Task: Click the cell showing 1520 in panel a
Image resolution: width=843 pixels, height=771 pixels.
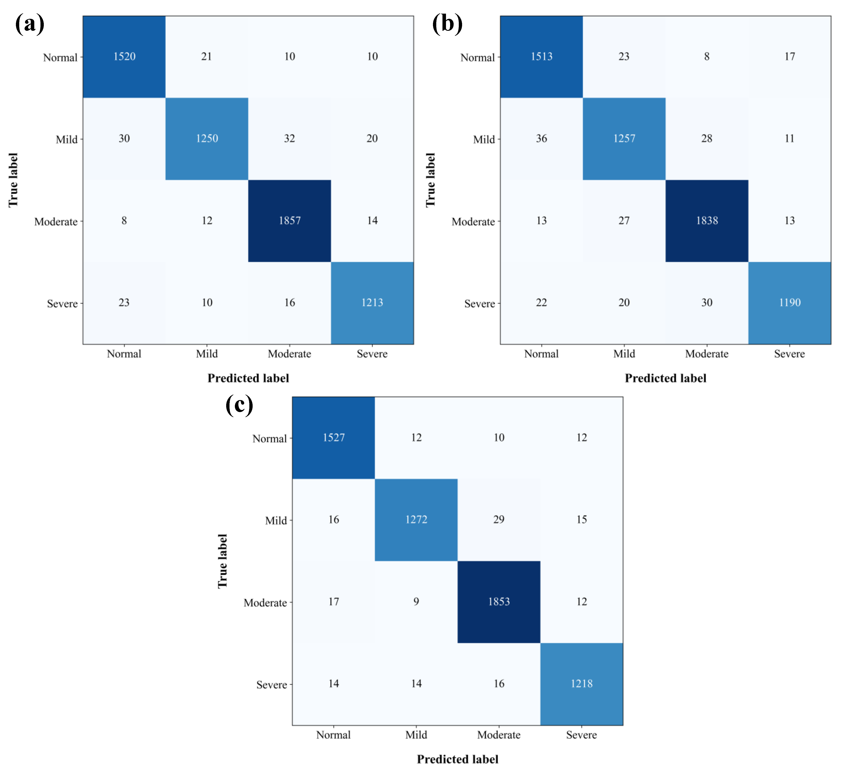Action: coord(124,56)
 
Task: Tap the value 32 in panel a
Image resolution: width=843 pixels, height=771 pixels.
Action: coord(289,138)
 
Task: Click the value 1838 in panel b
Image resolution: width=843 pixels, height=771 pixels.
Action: coord(707,220)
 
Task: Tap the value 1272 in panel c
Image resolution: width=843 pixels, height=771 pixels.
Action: coord(416,520)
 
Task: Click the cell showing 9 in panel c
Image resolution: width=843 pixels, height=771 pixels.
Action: coord(416,602)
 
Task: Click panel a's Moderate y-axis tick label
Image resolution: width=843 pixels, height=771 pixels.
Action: coord(56,222)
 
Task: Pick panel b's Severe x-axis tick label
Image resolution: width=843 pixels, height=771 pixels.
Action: coord(789,354)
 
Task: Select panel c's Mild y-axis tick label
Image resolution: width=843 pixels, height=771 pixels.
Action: coord(276,521)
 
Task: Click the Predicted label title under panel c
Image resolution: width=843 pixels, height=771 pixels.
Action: coord(458,759)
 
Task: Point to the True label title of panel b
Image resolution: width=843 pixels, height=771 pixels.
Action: coord(430,180)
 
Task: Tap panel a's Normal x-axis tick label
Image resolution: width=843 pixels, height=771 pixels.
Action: coord(124,354)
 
